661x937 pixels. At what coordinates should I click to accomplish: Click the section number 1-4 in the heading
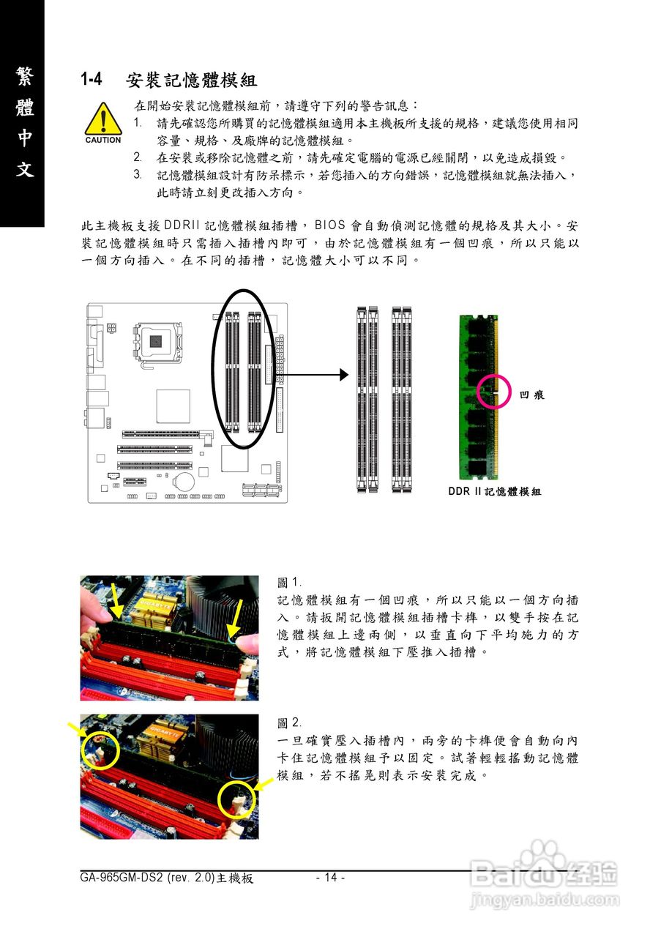tap(93, 79)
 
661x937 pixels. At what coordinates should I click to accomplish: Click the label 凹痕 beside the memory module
tap(531, 395)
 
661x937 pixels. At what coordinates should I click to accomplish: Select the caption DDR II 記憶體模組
tap(494, 492)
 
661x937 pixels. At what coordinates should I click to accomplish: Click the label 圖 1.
tap(289, 583)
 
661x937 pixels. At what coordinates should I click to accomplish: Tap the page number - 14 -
tap(330, 878)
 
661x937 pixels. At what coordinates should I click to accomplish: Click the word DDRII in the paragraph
tap(182, 225)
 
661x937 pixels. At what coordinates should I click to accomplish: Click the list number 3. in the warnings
tap(138, 174)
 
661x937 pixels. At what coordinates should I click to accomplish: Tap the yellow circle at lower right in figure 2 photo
tap(236, 801)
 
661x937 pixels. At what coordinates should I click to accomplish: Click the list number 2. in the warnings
tap(138, 157)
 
